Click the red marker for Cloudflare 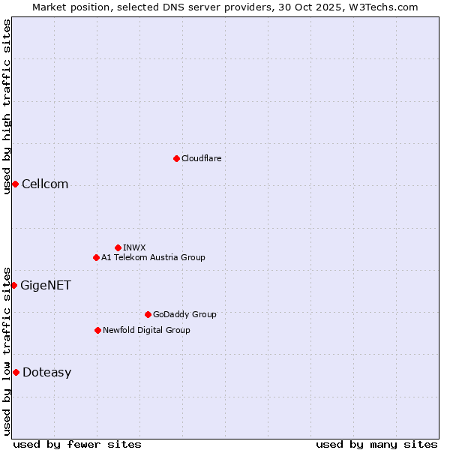tap(176, 158)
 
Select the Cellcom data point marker tap(15, 184)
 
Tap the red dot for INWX tap(118, 247)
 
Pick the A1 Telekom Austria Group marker tap(96, 257)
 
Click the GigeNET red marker tap(13, 285)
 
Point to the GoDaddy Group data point tap(148, 314)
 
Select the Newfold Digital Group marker tap(97, 330)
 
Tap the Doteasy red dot tap(16, 372)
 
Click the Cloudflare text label tap(201, 158)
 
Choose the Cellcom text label tap(45, 184)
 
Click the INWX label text tap(134, 247)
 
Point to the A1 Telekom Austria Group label tap(153, 257)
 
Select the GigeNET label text tap(45, 285)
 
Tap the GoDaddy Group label tap(184, 314)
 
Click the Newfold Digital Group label tap(146, 330)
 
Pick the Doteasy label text tap(46, 372)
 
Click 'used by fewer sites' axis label tap(77, 444)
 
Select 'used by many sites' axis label tap(376, 444)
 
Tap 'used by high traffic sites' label tap(7, 106)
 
